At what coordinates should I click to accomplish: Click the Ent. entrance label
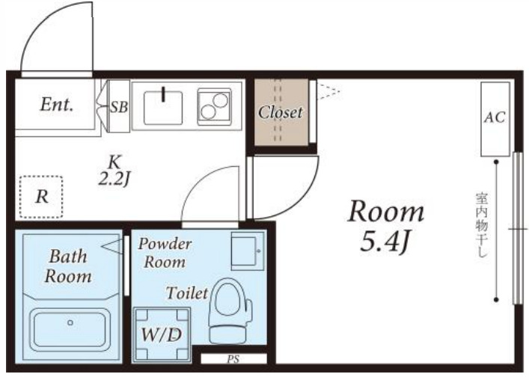click(57, 105)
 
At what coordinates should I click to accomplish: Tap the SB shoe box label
click(120, 107)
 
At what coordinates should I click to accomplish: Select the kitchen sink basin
click(163, 108)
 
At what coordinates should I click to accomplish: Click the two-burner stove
click(215, 106)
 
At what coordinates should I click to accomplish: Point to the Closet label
click(280, 111)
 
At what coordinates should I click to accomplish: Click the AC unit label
click(495, 117)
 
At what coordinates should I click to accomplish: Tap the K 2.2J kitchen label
click(114, 171)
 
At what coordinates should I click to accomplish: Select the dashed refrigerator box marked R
click(41, 197)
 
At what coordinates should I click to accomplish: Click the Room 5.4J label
click(386, 226)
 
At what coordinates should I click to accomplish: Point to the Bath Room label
click(68, 266)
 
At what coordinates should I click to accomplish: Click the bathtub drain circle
click(70, 322)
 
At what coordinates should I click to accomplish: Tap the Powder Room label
click(165, 253)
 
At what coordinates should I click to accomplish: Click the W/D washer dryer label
click(162, 334)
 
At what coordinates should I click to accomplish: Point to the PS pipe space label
click(233, 360)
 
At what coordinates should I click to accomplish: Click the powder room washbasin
click(248, 251)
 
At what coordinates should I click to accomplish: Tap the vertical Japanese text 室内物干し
click(481, 225)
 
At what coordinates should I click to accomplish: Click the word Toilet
click(187, 292)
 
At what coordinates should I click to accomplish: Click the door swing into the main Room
click(305, 203)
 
